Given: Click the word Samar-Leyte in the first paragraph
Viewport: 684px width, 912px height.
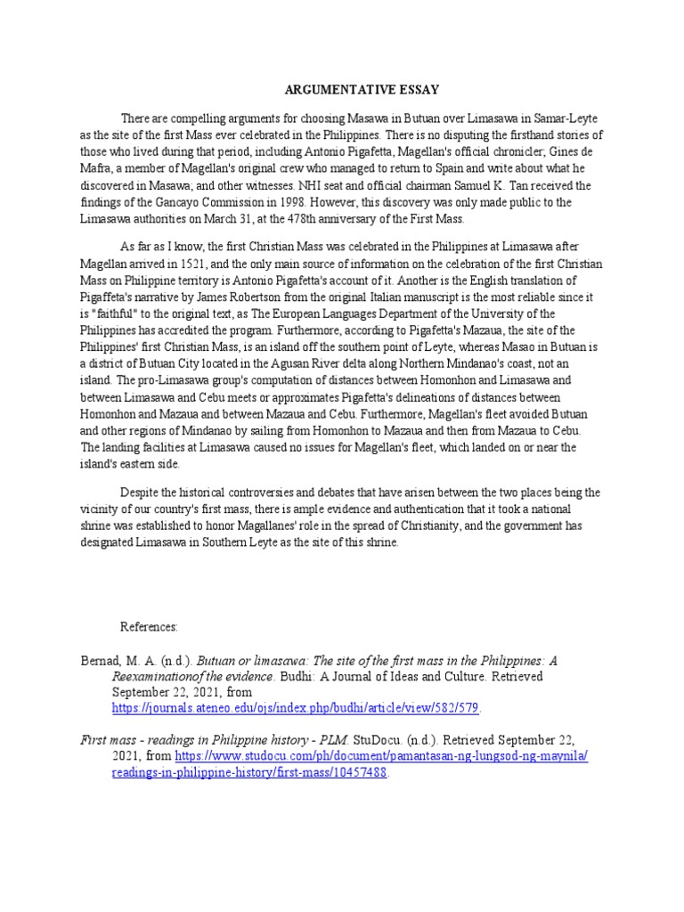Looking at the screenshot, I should [x=558, y=120].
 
